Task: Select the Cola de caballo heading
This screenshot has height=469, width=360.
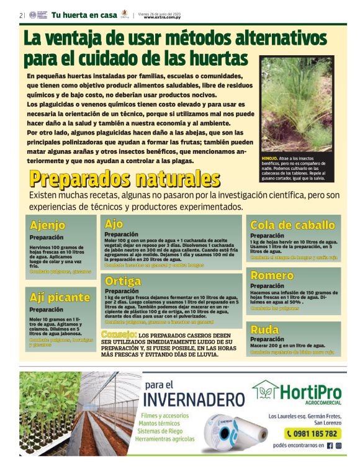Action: pos(292,225)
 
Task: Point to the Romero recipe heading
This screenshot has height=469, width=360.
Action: pos(272,275)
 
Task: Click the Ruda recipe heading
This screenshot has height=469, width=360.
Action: pos(264,329)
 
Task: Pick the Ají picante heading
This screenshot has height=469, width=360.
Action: pos(60,297)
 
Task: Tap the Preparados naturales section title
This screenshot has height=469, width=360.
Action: pos(124,179)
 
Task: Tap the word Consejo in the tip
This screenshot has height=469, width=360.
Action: pos(119,336)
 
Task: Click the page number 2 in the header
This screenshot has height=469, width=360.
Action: pos(20,15)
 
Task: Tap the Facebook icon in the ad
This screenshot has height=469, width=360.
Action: pos(330,445)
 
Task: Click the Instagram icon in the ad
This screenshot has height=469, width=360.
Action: pos(339,445)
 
